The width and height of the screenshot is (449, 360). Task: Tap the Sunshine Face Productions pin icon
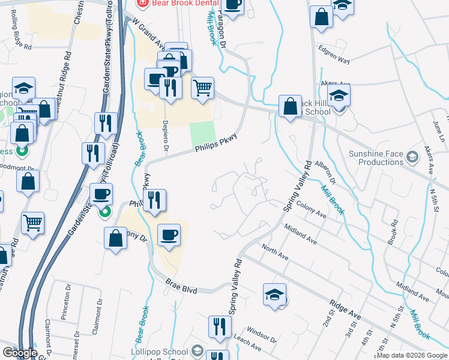(x=412, y=157)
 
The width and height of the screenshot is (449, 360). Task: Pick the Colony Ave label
(x=310, y=210)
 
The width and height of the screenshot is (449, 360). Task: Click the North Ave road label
(x=275, y=251)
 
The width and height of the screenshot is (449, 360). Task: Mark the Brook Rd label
(x=393, y=230)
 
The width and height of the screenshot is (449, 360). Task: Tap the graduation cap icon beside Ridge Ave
(x=275, y=295)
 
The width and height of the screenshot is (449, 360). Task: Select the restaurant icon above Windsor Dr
(x=217, y=327)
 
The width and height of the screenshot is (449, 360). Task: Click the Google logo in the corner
(x=20, y=353)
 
